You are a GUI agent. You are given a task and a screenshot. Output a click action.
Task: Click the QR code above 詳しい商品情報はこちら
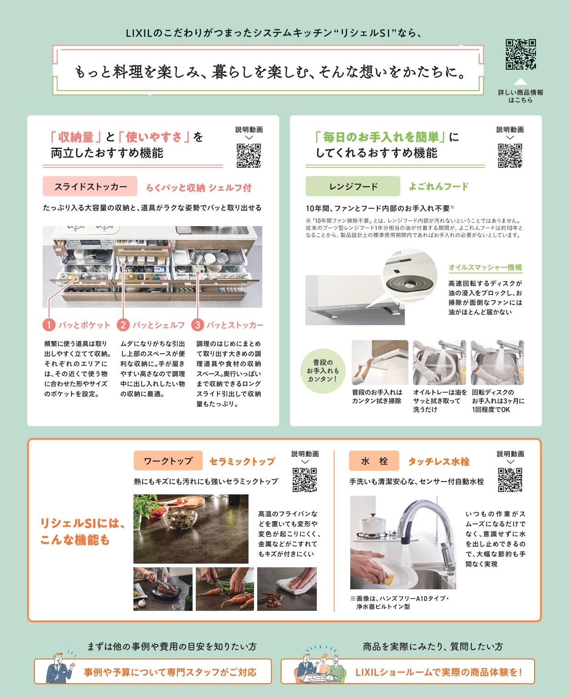coord(520,54)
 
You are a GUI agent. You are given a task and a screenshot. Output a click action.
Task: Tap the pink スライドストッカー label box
coord(90,186)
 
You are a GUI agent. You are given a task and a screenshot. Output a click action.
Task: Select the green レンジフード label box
coord(353,186)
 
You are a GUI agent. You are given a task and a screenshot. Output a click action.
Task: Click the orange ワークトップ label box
coord(168,460)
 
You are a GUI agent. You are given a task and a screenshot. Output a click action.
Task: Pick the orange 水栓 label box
coord(374,460)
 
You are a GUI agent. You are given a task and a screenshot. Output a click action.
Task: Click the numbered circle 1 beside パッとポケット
coord(49,325)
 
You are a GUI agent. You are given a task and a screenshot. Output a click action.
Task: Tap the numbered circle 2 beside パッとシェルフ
coord(123,325)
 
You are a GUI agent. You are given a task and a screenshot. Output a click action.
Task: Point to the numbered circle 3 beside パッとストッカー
coord(198,325)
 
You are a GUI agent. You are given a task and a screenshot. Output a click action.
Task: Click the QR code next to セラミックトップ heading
coord(305,480)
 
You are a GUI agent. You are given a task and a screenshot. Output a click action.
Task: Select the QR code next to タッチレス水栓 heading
coord(510,480)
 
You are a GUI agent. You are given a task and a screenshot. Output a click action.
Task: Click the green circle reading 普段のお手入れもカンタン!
coord(322,371)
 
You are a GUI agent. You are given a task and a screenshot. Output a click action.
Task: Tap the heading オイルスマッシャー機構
coord(485,267)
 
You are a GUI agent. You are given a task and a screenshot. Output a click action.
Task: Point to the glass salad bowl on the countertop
coord(181,520)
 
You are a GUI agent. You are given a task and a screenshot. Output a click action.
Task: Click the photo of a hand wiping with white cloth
coord(287,589)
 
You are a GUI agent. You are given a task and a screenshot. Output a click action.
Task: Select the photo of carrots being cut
coord(225,589)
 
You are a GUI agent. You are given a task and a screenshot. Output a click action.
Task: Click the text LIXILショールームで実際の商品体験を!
coord(439,672)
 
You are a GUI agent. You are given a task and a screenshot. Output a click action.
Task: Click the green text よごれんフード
coord(439,186)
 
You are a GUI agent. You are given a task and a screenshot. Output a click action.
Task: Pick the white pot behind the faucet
coord(373,523)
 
